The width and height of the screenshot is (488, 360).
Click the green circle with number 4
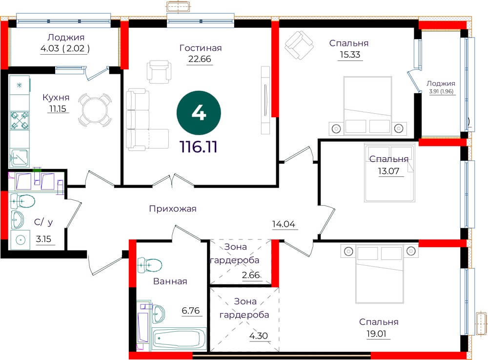pyautogui.click(x=199, y=113)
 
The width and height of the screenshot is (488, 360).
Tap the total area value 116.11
pyautogui.click(x=199, y=147)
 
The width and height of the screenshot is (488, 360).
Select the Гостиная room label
pyautogui.click(x=201, y=48)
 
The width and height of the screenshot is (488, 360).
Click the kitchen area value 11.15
pyautogui.click(x=58, y=108)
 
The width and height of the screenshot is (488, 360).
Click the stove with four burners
pyautogui.click(x=20, y=121)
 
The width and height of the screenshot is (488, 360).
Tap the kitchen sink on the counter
pyautogui.click(x=20, y=158)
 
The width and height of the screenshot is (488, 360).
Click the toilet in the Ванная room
pyautogui.click(x=149, y=265)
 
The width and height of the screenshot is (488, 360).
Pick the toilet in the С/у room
pyautogui.click(x=22, y=201)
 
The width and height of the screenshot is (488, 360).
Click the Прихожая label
pyautogui.click(x=173, y=209)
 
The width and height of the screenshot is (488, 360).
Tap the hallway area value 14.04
pyautogui.click(x=284, y=224)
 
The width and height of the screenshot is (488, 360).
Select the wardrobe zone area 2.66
pyautogui.click(x=250, y=275)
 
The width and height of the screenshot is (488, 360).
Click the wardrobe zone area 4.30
pyautogui.click(x=259, y=336)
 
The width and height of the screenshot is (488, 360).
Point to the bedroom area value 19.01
pyautogui.click(x=376, y=334)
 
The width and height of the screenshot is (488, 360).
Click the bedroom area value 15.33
pyautogui.click(x=350, y=55)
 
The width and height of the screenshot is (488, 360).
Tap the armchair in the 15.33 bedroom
pyautogui.click(x=299, y=45)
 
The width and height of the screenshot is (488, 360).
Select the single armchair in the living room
pyautogui.click(x=159, y=72)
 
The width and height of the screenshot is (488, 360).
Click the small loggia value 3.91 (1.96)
pyautogui.click(x=441, y=91)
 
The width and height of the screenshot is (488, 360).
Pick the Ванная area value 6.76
pyautogui.click(x=191, y=311)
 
